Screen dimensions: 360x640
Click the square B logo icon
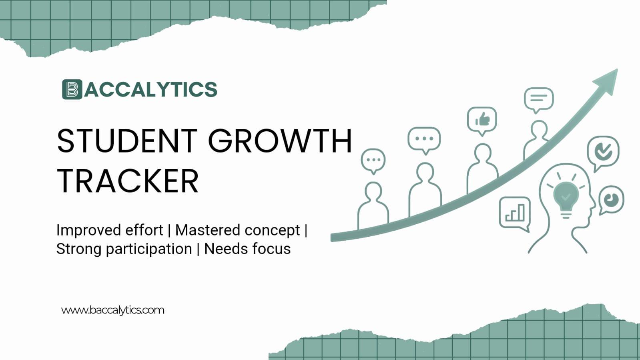point(72,89)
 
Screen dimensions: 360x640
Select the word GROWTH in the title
point(280,141)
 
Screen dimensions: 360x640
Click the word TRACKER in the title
point(128,181)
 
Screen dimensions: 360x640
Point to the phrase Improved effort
point(110,230)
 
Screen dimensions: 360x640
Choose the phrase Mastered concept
point(237,230)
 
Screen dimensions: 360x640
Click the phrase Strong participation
point(124,249)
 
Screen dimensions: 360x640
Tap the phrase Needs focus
point(247,249)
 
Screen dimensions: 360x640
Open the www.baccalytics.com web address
point(113,310)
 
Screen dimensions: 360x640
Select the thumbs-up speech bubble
point(482,120)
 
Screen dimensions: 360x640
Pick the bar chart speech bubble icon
point(515,212)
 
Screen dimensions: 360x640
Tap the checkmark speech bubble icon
point(603,151)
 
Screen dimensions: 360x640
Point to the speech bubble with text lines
point(539,99)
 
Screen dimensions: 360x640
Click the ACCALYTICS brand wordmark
point(151,89)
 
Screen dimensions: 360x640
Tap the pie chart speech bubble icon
point(611,199)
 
